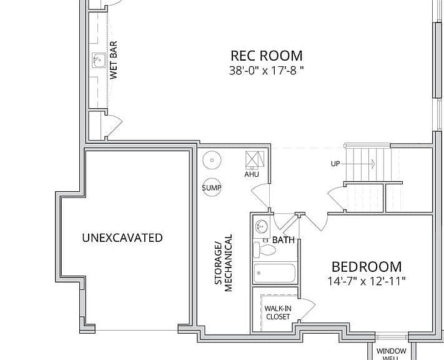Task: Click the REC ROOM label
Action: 267,56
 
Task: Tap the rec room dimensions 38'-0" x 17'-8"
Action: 266,71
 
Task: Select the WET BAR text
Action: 113,60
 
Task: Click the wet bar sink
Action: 99,61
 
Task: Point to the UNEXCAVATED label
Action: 122,238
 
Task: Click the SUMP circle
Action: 212,187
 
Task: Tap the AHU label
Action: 252,174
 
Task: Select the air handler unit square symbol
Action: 255,159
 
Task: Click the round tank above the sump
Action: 212,160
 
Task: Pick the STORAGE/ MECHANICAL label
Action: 224,262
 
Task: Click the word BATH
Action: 283,240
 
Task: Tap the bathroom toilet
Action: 264,250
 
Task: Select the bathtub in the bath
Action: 274,273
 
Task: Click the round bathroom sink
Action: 262,226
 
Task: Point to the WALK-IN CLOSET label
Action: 278,312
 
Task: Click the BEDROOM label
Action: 367,267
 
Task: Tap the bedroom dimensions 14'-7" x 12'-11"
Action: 367,281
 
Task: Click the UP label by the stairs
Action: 335,164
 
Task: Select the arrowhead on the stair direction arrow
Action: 373,164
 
